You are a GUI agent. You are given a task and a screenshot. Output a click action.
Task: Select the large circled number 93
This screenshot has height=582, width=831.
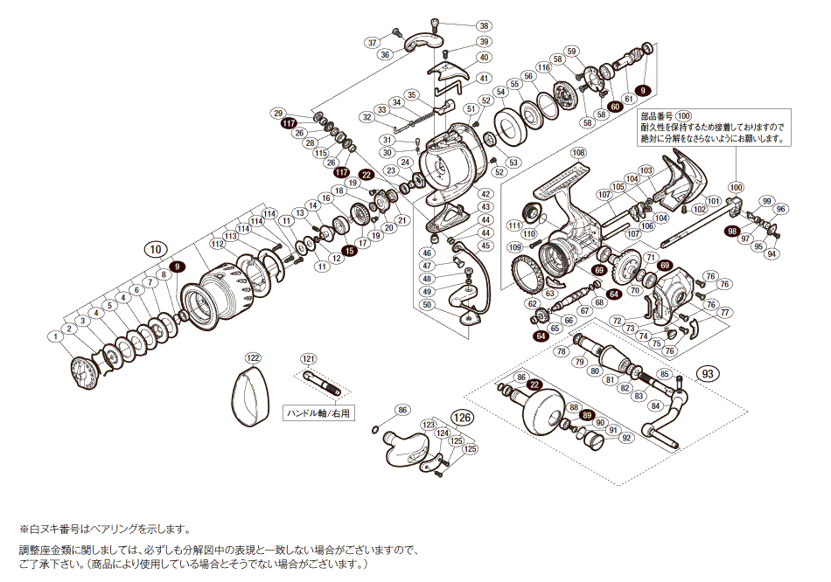tap(709, 373)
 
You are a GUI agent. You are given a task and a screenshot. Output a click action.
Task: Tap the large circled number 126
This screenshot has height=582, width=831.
tap(462, 417)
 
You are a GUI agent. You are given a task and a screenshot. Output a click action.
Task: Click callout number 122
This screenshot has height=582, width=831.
tap(253, 358)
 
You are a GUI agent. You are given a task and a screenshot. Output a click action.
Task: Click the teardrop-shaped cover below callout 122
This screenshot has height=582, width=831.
tap(250, 397)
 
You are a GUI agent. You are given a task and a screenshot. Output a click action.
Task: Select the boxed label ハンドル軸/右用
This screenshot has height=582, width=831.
tap(319, 413)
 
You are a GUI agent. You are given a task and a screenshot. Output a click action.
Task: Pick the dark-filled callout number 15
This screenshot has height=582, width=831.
tap(349, 251)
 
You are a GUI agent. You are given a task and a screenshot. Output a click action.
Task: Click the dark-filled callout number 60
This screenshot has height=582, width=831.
tap(615, 105)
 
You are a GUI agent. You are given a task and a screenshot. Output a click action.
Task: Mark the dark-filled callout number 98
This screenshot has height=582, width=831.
tap(732, 231)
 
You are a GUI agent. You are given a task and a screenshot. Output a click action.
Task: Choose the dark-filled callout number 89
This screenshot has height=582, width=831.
tap(587, 415)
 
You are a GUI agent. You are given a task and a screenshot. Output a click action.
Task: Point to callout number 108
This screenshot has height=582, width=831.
tap(578, 152)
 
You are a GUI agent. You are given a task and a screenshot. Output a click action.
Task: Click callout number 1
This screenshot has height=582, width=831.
tap(55, 335)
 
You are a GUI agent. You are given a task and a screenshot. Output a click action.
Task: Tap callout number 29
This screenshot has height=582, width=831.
tap(279, 114)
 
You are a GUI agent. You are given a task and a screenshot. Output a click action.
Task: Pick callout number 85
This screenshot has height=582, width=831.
tap(665, 374)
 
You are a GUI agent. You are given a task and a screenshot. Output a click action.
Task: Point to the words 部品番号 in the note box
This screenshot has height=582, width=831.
tap(656, 115)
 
